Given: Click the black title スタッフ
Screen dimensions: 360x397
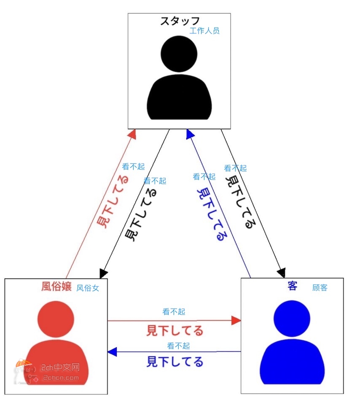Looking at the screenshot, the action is (180, 21).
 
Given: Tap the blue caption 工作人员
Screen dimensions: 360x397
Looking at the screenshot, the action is (204, 31).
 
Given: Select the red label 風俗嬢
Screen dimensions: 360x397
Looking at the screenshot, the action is (56, 286).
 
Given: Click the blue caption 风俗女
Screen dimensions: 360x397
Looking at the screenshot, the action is (88, 288).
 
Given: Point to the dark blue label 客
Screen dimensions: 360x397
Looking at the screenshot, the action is (292, 286).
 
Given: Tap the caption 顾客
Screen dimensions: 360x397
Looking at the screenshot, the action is (320, 288).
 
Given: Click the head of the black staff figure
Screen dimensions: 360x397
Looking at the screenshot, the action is (179, 54).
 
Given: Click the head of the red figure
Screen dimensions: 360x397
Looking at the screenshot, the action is (56, 319).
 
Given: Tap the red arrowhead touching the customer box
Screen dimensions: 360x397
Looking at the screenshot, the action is (236, 321).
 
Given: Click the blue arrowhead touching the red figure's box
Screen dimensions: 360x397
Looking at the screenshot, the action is (112, 352).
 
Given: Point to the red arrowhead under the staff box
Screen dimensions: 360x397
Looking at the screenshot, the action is (132, 134).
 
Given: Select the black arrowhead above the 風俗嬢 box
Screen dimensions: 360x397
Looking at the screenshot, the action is (103, 273).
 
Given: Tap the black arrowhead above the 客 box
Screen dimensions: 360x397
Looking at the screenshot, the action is (281, 273).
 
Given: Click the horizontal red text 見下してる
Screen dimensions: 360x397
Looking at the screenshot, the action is (175, 331).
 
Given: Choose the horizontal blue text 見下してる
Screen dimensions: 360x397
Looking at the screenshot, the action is (175, 362).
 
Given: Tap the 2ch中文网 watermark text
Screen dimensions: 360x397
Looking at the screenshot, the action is (60, 367).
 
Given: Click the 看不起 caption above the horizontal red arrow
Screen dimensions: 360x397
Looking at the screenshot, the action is (174, 311).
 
